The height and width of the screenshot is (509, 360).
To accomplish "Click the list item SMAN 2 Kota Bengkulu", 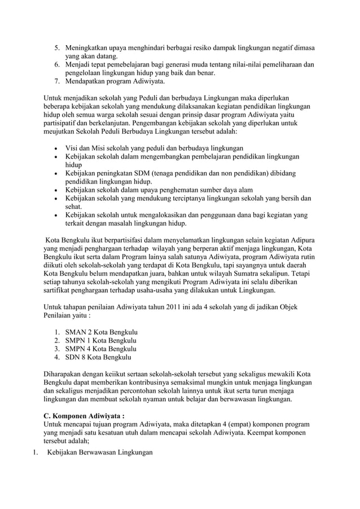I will pyautogui.click(x=102, y=331).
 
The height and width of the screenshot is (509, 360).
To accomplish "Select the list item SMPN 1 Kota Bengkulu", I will pyautogui.click(x=102, y=340).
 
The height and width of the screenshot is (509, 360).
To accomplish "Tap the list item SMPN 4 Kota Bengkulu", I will pyautogui.click(x=102, y=349).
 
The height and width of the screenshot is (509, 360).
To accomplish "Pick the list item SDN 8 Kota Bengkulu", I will pyautogui.click(x=99, y=357).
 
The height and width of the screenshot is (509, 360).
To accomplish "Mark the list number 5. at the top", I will pyautogui.click(x=58, y=48).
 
